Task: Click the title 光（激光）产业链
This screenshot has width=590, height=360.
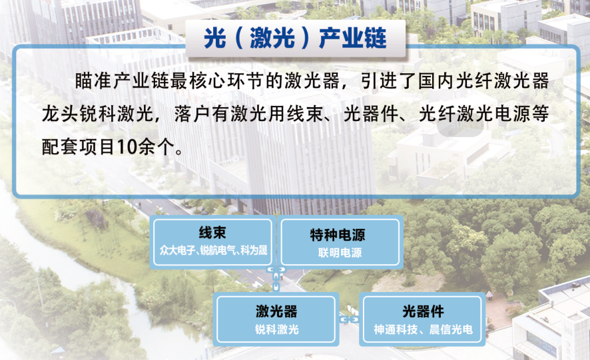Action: point(295,38)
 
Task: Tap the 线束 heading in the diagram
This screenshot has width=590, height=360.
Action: point(212,232)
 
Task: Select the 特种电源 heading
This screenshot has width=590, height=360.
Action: point(338,235)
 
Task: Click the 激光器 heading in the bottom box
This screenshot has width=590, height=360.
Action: point(276,311)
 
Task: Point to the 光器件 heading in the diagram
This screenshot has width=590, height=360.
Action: point(423,311)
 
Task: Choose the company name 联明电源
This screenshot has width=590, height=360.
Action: point(340,252)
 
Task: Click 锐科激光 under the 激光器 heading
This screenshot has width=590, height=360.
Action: point(277,329)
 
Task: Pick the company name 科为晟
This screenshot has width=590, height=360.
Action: point(254,250)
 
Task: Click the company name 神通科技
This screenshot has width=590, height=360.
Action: point(396,329)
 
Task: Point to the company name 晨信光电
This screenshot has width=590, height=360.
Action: point(451,329)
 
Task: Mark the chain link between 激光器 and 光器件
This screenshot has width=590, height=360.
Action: point(350,319)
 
